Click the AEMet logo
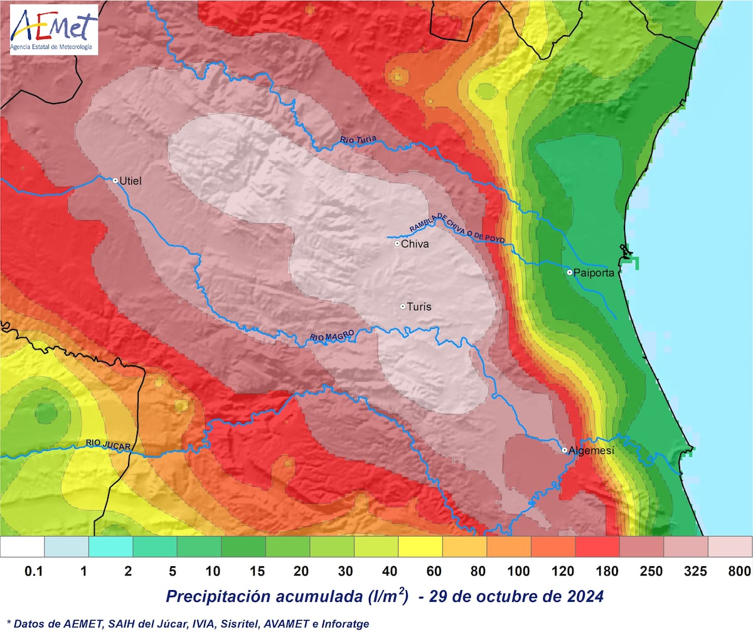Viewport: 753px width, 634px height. [54, 30]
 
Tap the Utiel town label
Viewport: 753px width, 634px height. [131, 181]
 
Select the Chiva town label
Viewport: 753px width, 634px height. [415, 244]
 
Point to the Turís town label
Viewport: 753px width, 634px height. [419, 306]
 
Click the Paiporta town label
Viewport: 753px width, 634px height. [594, 272]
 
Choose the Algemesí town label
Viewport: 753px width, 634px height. [592, 450]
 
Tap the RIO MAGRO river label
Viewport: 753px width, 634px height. [332, 336]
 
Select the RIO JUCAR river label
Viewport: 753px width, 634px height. [109, 445]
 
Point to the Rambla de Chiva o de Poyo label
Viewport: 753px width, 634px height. [457, 227]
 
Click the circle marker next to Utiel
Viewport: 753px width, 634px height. [115, 180]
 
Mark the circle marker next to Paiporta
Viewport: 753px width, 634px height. [569, 272]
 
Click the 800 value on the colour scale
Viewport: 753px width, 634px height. [740, 571]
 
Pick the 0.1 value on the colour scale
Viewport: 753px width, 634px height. [33, 571]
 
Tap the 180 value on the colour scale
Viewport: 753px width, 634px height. [607, 571]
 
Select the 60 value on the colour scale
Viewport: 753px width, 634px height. [434, 571]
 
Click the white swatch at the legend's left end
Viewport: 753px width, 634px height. [23, 546]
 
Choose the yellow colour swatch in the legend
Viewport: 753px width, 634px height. [420, 546]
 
